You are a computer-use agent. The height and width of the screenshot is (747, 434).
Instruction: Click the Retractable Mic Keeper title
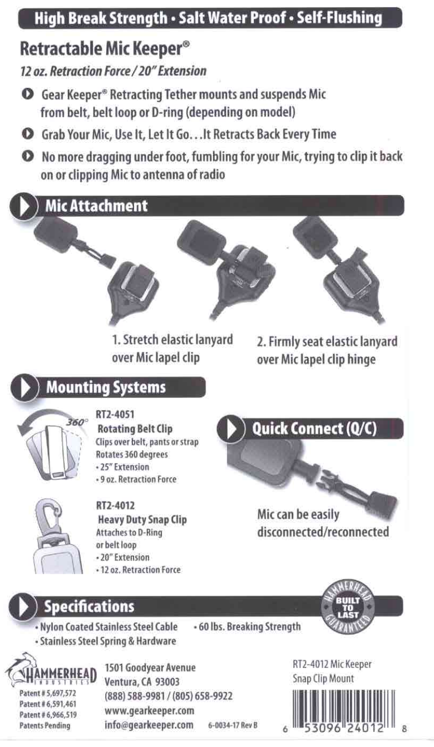(x=105, y=49)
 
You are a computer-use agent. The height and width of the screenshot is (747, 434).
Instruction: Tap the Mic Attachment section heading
(x=96, y=206)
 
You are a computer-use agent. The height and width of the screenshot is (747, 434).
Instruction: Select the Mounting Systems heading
(x=106, y=387)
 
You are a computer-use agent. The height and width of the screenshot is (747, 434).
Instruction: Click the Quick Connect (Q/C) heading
(x=314, y=429)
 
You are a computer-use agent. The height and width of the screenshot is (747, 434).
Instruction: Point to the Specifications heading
(x=89, y=606)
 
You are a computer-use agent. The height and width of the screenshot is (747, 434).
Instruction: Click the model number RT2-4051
(x=115, y=415)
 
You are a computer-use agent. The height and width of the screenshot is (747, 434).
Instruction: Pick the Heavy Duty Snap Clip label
(x=142, y=519)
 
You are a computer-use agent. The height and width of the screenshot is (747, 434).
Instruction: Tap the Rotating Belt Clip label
(x=135, y=429)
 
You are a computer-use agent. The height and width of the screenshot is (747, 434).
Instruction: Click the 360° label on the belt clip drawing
(x=76, y=422)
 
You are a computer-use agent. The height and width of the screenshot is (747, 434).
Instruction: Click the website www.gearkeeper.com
(x=149, y=710)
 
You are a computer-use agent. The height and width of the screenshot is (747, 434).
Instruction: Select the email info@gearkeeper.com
(x=149, y=725)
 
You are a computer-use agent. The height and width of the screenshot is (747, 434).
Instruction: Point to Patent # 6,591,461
(x=48, y=704)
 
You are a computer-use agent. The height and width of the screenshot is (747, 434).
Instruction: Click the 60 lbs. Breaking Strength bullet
(x=247, y=626)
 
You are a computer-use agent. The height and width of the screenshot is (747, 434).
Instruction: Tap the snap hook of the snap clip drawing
(x=47, y=516)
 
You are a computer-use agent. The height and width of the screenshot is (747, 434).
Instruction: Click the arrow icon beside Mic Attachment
(x=24, y=206)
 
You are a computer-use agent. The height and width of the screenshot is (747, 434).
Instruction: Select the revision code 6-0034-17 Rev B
(x=233, y=725)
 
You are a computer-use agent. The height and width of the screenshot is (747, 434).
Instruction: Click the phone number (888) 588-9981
(x=135, y=696)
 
